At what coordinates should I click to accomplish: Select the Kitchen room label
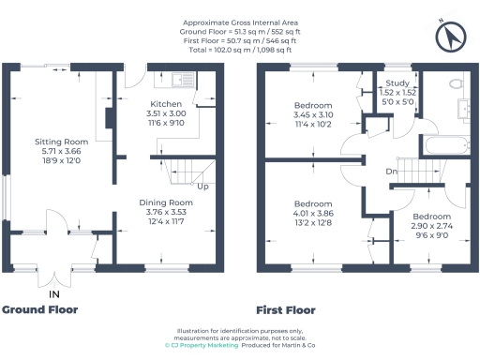point(166,104)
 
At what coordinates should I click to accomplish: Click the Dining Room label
point(166,202)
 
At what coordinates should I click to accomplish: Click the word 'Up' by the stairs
point(201,186)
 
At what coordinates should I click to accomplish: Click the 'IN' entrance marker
point(53,292)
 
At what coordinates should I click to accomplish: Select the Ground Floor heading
point(39,309)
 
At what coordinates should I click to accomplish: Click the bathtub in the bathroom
point(444,145)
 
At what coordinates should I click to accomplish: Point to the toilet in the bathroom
point(458,84)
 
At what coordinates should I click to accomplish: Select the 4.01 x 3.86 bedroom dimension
point(312,214)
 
